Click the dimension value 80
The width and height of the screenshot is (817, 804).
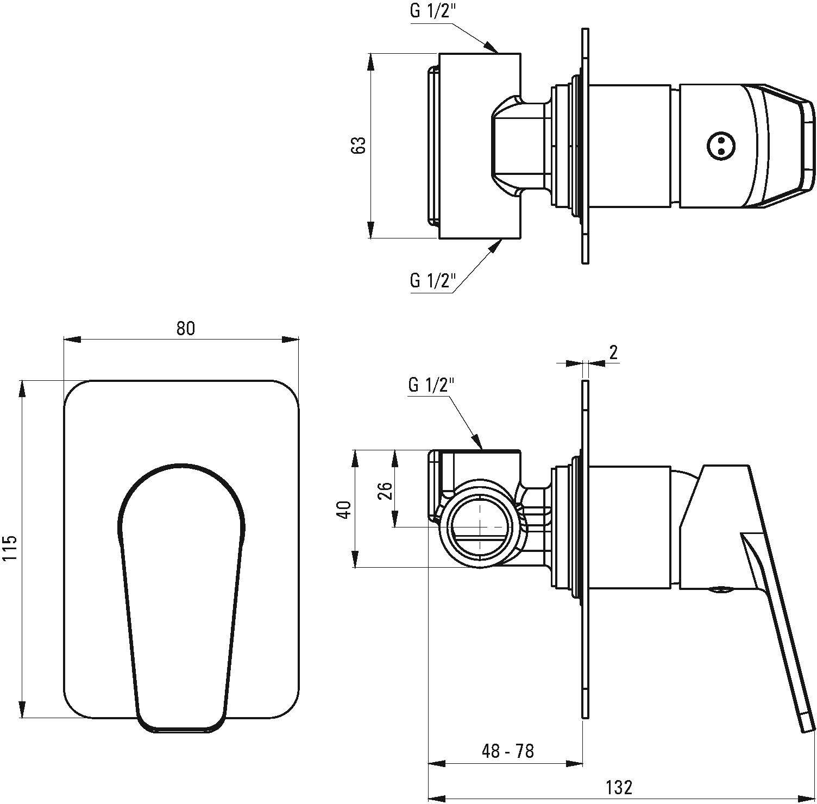coord(185,329)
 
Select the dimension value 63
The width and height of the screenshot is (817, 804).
coord(359,146)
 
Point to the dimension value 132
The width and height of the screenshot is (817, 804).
coord(619,787)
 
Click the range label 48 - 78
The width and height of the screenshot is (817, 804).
coord(508,751)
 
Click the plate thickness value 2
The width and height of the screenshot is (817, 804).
coord(613,353)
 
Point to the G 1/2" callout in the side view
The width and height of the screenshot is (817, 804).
coord(431,385)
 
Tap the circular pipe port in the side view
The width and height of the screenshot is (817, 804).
coord(481,526)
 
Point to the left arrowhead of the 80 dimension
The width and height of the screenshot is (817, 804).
coord(72,340)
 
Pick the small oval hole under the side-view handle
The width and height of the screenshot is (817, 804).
coord(720,589)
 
